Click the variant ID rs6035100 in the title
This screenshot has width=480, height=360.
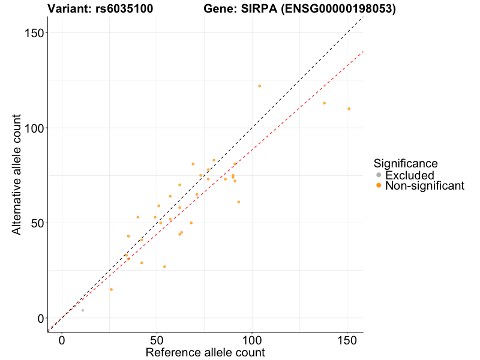(x=124, y=9)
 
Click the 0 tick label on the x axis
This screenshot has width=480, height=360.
(x=62, y=340)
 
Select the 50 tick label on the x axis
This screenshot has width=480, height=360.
(x=157, y=340)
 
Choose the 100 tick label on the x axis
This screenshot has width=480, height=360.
(x=252, y=340)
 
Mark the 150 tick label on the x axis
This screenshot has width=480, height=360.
(x=347, y=340)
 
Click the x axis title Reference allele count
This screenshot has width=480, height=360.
(x=205, y=352)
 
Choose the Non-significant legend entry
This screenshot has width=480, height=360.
(x=425, y=186)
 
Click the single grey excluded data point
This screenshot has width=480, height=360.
(x=83, y=310)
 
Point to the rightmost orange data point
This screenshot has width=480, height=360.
(x=349, y=109)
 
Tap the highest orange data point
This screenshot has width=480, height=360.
(x=260, y=86)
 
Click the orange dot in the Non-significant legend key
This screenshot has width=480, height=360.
(x=379, y=186)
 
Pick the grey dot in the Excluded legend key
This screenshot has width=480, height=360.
(x=379, y=175)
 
